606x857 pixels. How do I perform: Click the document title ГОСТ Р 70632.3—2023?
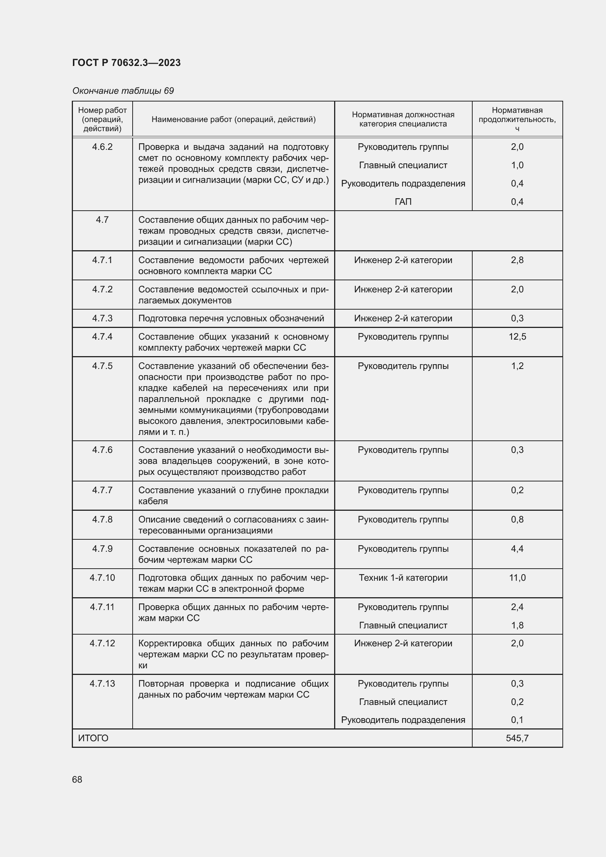(126, 63)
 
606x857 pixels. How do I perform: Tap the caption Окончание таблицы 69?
(123, 91)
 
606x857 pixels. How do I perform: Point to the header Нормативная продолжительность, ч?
(517, 119)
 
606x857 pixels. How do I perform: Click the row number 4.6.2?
(102, 147)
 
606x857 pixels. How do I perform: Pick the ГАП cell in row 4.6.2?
(403, 202)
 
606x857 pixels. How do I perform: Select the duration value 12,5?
(517, 337)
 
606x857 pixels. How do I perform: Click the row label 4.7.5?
(102, 366)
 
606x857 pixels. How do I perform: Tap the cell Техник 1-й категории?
(403, 578)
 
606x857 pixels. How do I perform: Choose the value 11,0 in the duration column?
(517, 578)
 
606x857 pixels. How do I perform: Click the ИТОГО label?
(93, 738)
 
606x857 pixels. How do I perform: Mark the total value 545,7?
(517, 738)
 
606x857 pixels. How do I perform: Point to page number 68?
(77, 780)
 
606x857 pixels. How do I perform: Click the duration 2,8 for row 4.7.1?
(517, 260)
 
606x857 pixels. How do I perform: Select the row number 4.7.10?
(102, 578)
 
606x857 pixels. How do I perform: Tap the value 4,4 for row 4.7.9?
(517, 549)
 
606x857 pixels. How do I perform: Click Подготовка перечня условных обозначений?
(231, 318)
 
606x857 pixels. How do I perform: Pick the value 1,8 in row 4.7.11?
(517, 625)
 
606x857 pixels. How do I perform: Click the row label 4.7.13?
(102, 684)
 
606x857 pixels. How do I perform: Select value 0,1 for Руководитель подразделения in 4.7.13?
(517, 720)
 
